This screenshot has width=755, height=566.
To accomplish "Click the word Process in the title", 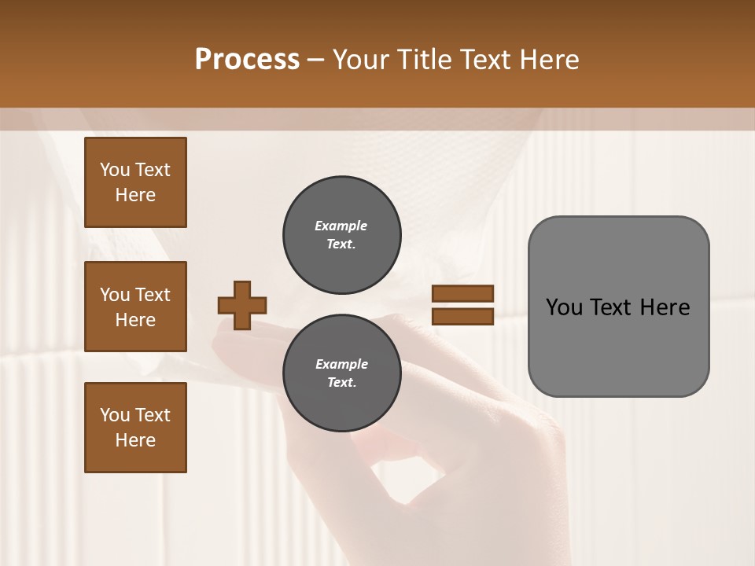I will pyautogui.click(x=247, y=60).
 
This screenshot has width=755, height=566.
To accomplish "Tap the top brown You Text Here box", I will pyautogui.click(x=135, y=182).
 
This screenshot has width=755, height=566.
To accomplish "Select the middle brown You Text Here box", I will pyautogui.click(x=135, y=307).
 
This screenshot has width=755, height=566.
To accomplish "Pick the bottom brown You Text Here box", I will pyautogui.click(x=135, y=428).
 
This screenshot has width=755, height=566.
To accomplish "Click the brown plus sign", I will pyautogui.click(x=242, y=305).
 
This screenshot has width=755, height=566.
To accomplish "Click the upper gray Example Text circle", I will pyautogui.click(x=341, y=235).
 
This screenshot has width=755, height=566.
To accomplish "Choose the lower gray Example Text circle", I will pyautogui.click(x=341, y=373).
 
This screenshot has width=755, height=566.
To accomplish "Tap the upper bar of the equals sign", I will pyautogui.click(x=462, y=293).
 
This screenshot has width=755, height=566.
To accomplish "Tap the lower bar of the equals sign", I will pyautogui.click(x=462, y=317).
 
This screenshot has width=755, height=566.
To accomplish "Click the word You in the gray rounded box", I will pyautogui.click(x=563, y=307).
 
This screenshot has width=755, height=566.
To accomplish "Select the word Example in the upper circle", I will pyautogui.click(x=341, y=226).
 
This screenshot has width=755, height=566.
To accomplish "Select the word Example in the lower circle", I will pyautogui.click(x=341, y=364).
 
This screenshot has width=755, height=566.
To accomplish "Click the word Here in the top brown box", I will pyautogui.click(x=135, y=195).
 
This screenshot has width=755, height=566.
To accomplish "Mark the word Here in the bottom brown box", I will pyautogui.click(x=135, y=440).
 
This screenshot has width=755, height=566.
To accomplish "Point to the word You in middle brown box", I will pyautogui.click(x=115, y=295).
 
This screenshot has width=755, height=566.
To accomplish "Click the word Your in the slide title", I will pyautogui.click(x=362, y=60).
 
